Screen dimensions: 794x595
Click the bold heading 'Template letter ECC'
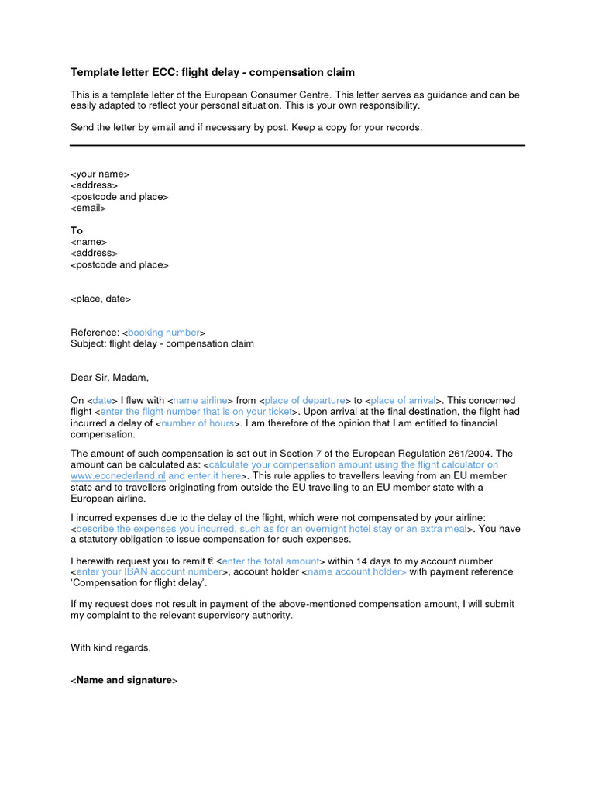tap(212, 72)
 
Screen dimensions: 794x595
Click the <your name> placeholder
tap(100, 174)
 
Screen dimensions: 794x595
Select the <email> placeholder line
tap(88, 208)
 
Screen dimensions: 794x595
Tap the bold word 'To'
tap(77, 231)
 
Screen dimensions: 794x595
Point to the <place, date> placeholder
tap(101, 299)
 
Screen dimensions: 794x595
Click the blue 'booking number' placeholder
tap(163, 333)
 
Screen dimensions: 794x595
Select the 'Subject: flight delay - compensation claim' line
tap(162, 343)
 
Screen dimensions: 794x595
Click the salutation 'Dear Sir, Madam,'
tap(109, 378)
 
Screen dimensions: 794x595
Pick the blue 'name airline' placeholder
tap(200, 400)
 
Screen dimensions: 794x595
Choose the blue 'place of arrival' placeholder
tap(403, 400)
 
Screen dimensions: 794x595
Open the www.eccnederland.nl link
tap(119, 475)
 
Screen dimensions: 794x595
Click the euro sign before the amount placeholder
tap(211, 561)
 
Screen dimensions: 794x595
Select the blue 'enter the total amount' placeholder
tap(270, 561)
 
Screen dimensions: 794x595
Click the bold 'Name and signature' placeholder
tap(124, 680)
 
